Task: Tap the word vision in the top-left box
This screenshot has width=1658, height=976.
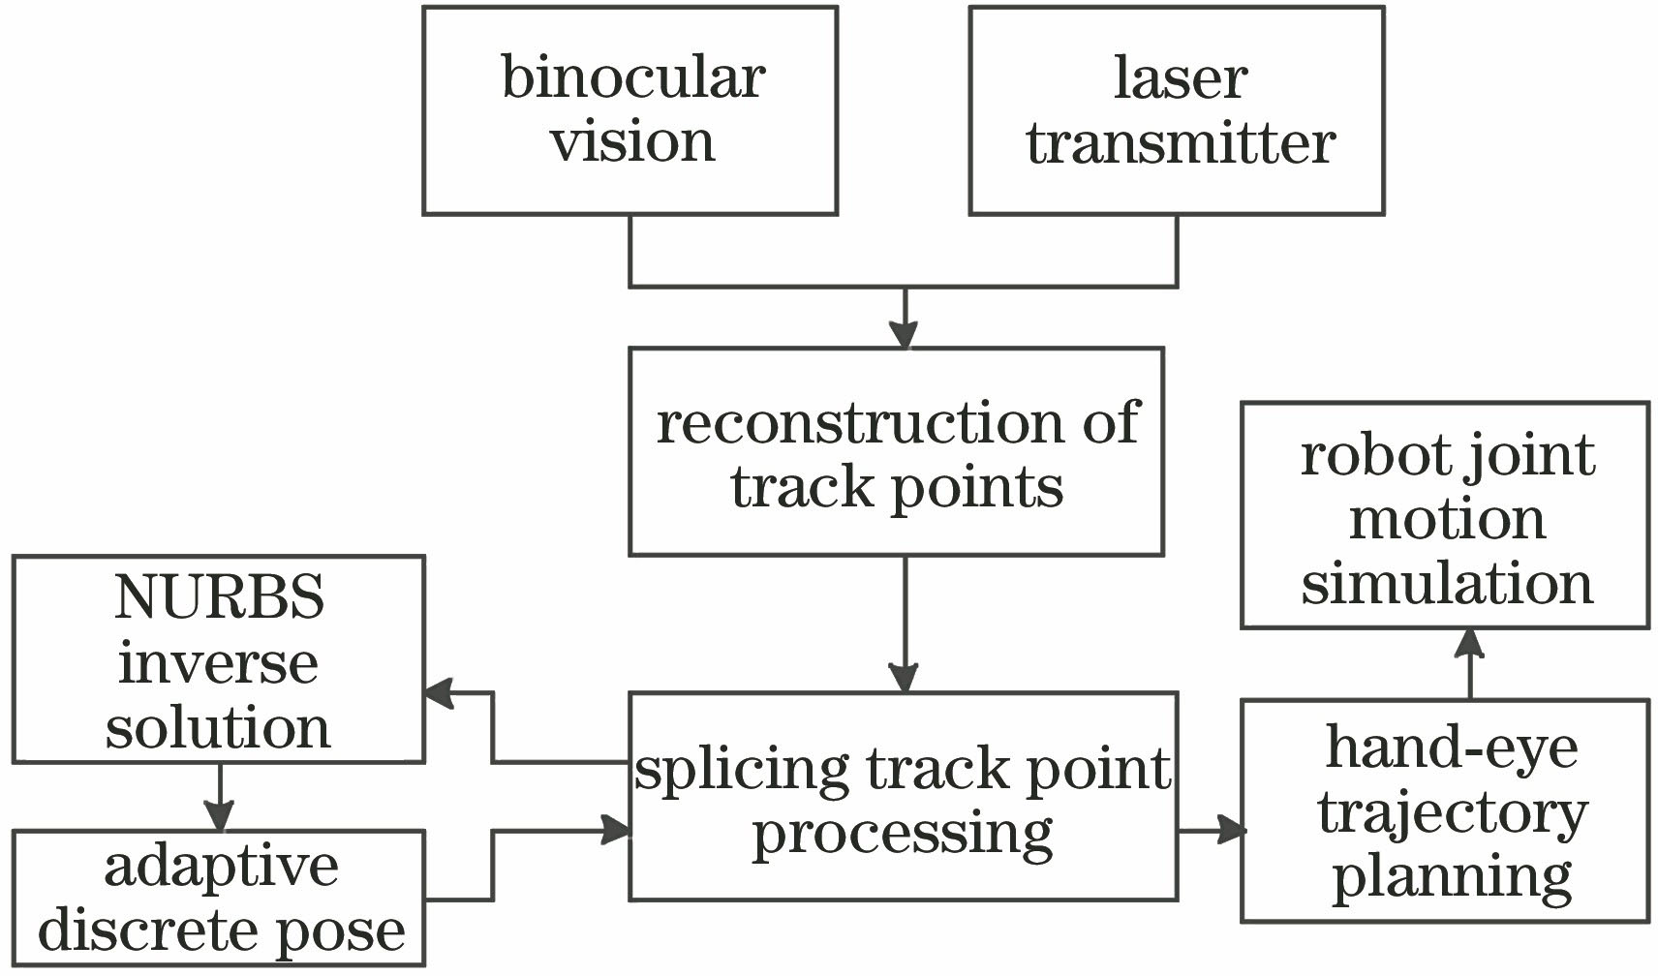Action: [x=633, y=141]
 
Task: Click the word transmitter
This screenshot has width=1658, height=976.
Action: [x=1181, y=143]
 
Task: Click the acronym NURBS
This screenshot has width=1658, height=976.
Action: [x=219, y=597]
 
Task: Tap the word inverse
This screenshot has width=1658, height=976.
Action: [x=219, y=663]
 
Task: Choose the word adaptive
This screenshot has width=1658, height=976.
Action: [x=222, y=866]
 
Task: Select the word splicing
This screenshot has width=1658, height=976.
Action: [x=741, y=771]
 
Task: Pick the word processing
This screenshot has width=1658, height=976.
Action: [x=903, y=835]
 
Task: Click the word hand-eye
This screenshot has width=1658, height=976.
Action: [x=1451, y=747]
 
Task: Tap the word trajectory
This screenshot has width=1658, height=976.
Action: [x=1452, y=813]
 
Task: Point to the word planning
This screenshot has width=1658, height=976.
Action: [x=1452, y=877]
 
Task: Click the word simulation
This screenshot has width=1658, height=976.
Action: [x=1447, y=585]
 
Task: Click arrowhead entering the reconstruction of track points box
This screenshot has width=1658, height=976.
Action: [x=904, y=335]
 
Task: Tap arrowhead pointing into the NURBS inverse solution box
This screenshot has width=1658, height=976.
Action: [x=439, y=692]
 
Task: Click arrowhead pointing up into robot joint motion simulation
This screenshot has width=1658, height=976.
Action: [x=1470, y=642]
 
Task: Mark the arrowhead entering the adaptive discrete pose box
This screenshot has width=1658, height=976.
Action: [x=220, y=817]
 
